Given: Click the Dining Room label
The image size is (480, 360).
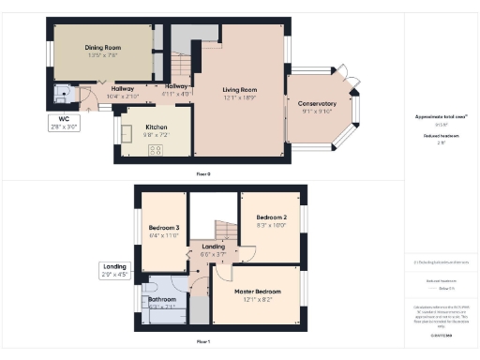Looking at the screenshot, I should coord(104,47).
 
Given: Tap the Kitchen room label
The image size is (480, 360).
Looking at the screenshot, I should coord(156,127).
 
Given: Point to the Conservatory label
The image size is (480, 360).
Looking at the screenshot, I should coord(317,103).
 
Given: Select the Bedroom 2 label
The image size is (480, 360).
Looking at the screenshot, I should coord(271,217).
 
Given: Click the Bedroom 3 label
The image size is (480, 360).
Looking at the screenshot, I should coord(163,227).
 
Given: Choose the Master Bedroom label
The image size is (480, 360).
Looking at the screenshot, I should coord(256,292).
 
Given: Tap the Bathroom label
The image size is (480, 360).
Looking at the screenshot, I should coord(164,300).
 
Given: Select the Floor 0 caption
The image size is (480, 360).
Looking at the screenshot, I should coord(202,174).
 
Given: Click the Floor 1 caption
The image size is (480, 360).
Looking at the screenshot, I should coord(202,342).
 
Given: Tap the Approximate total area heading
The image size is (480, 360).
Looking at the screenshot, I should coord(441,116).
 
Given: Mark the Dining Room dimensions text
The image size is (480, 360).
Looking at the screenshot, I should coord(104,54).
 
